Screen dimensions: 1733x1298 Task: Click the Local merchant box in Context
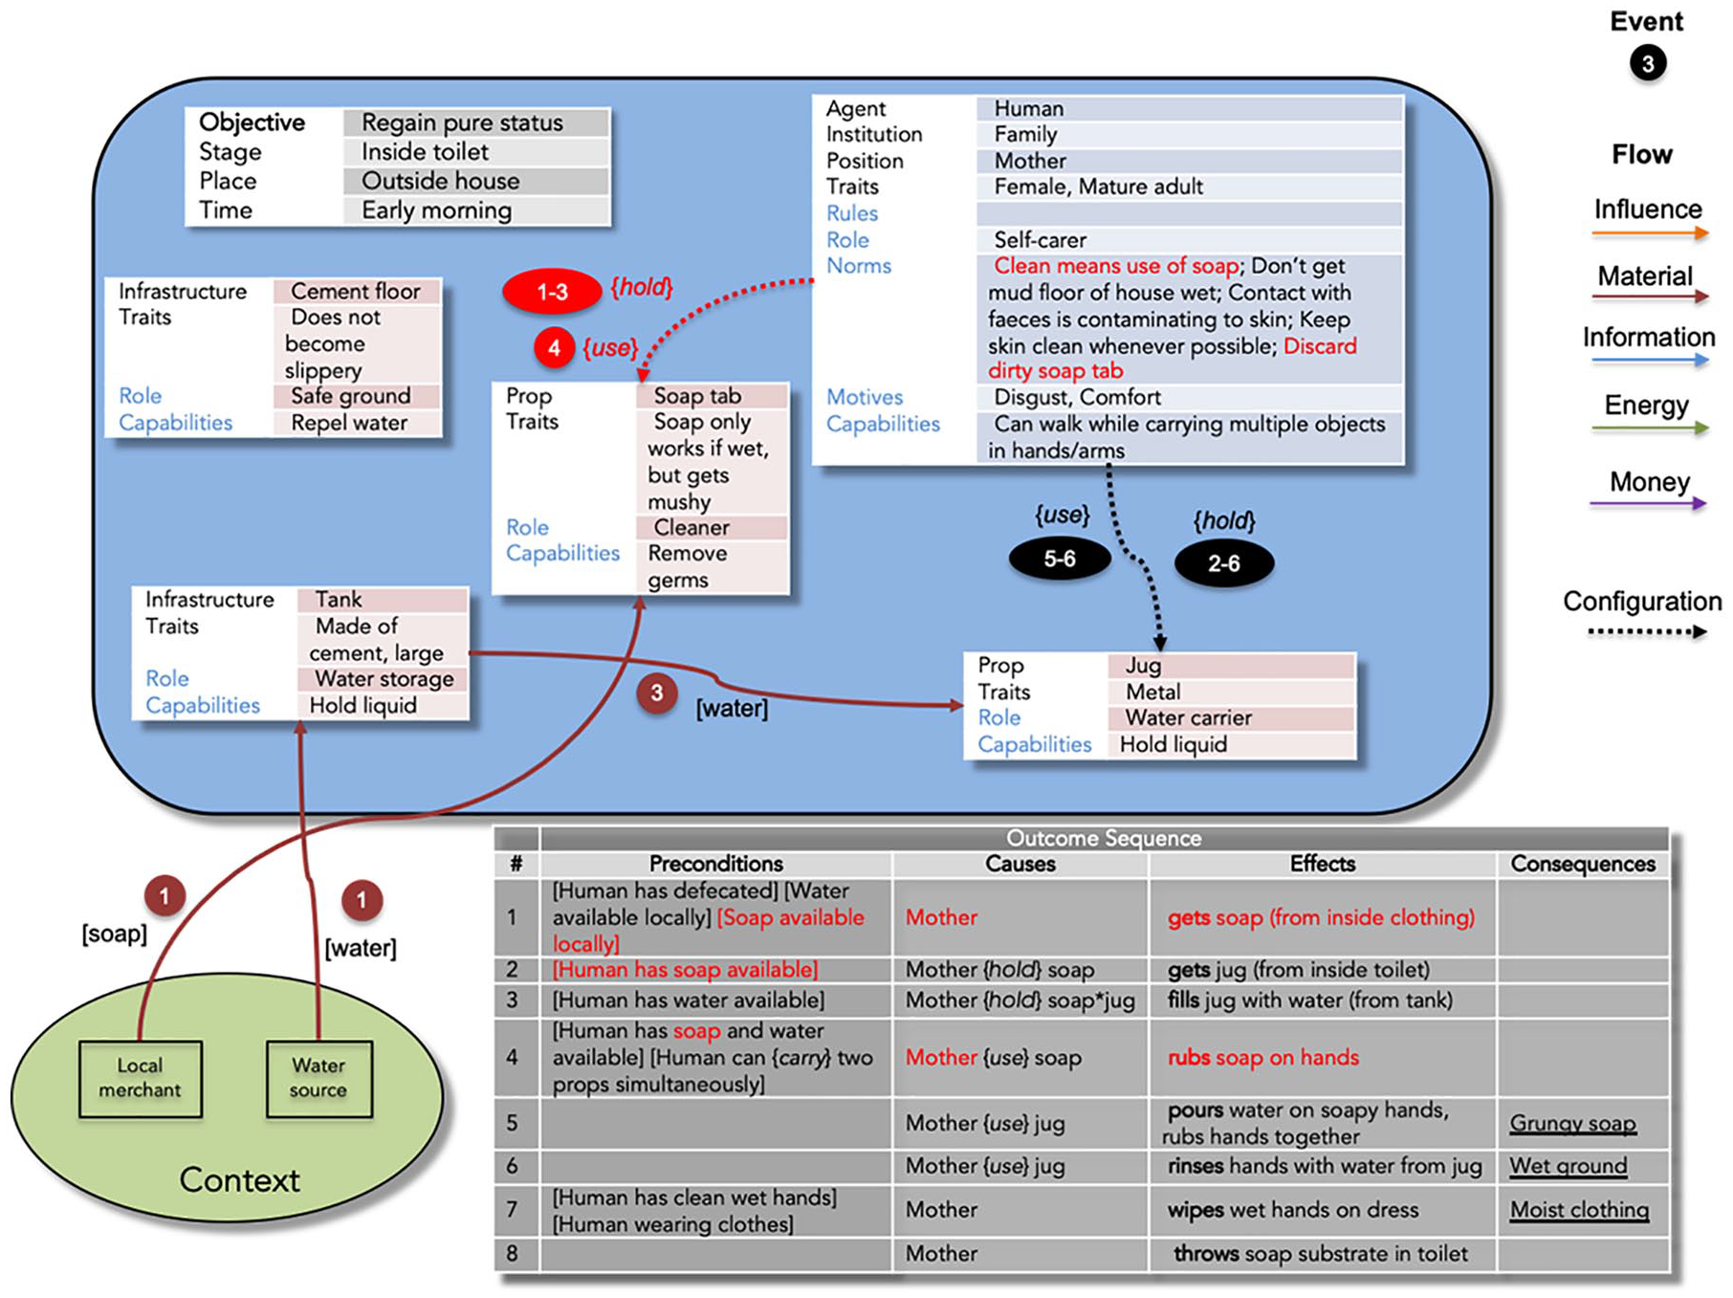coord(141,1078)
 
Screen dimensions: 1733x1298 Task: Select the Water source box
coord(318,1078)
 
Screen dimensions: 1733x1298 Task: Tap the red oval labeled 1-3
coord(552,292)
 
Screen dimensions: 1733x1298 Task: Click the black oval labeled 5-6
coord(1060,559)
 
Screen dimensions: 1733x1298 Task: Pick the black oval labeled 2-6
coord(1224,563)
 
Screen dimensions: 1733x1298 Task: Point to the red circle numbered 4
coord(554,348)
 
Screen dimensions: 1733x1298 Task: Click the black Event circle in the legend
coord(1648,64)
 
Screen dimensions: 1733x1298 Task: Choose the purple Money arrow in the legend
coord(1648,503)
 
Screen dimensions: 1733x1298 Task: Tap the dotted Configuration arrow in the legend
coord(1648,631)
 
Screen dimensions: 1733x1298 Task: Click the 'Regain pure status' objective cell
coord(475,122)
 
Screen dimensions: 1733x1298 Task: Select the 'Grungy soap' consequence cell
coord(1573,1123)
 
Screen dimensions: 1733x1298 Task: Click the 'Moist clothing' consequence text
coord(1580,1210)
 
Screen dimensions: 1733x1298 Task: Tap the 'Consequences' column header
coord(1583,864)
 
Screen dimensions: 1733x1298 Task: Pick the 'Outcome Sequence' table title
coord(1104,839)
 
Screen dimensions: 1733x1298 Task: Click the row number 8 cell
coord(513,1253)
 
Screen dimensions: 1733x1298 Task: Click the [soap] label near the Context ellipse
coord(115,934)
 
